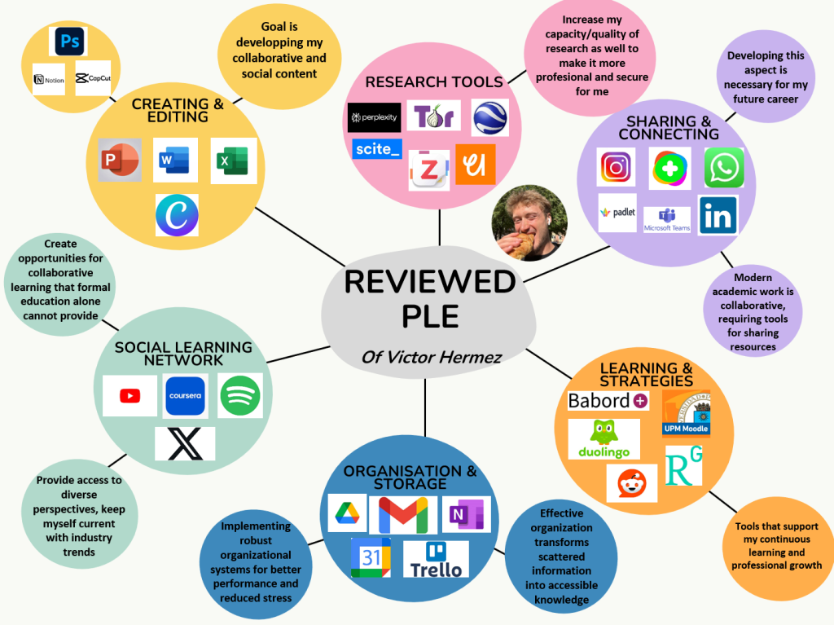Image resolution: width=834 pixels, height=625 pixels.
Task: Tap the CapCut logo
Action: tap(92, 79)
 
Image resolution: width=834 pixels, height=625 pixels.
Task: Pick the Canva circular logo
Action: tap(177, 214)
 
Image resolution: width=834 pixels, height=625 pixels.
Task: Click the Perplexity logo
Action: tap(374, 117)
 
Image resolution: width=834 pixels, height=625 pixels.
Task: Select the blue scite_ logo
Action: tap(378, 149)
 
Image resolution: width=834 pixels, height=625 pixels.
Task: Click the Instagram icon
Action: tap(617, 168)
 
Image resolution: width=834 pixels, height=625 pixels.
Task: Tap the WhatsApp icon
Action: tap(723, 168)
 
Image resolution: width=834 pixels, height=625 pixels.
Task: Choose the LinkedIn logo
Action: tap(718, 216)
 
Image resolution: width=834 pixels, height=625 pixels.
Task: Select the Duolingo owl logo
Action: tap(604, 438)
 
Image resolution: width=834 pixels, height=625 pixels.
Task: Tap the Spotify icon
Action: tap(239, 395)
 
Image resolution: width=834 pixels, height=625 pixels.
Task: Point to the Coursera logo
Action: tap(186, 395)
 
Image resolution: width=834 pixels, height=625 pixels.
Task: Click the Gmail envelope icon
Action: tap(403, 515)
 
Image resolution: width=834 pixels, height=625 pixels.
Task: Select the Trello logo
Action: tap(436, 559)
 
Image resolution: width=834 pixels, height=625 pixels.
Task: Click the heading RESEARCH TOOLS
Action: tap(434, 81)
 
